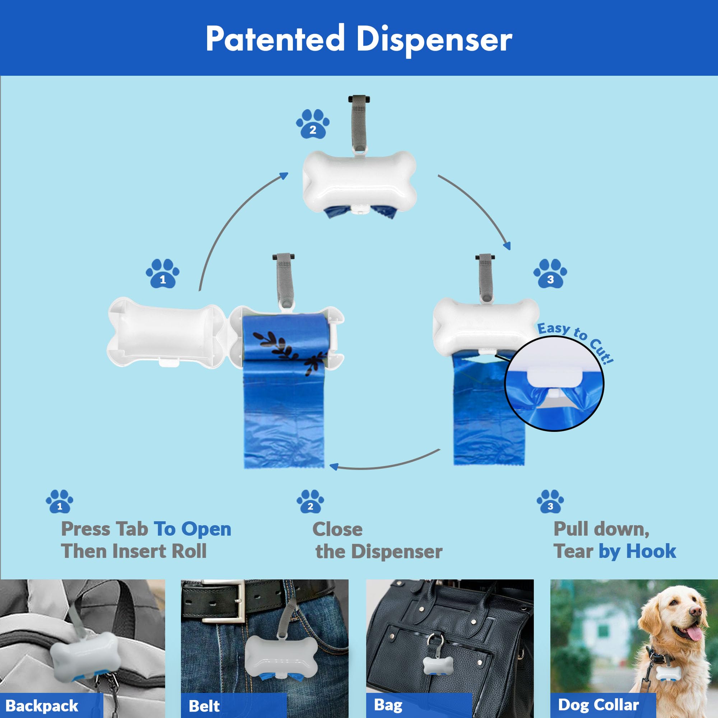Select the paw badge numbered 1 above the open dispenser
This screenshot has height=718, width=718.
pos(162,274)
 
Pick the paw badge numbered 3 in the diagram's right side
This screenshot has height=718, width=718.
pos(550,274)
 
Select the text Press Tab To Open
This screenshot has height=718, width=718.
pos(146,529)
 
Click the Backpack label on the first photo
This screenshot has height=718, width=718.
pos(42,705)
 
